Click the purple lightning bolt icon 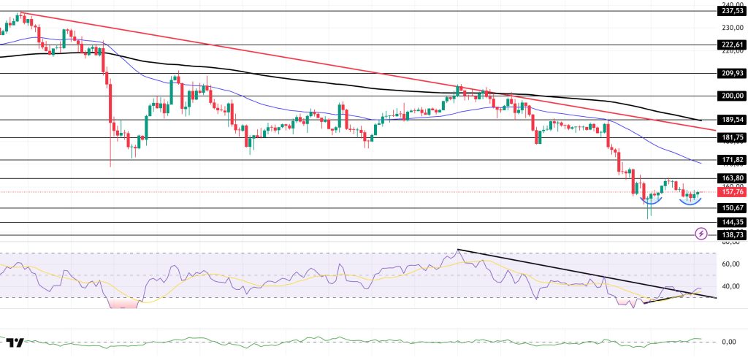(701, 234)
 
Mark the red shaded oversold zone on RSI (123, 303)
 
